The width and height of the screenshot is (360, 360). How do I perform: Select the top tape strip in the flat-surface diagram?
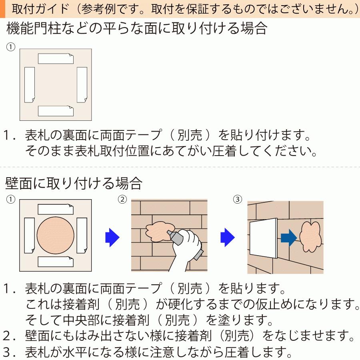[x=56, y=59]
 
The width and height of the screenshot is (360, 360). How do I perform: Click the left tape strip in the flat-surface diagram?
[x=30, y=84]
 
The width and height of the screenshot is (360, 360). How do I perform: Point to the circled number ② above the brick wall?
[x=122, y=199]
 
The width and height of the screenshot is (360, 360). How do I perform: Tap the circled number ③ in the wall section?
[x=238, y=199]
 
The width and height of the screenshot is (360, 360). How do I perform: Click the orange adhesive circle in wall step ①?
[x=56, y=236]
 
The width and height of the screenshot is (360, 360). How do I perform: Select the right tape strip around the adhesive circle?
[x=82, y=236]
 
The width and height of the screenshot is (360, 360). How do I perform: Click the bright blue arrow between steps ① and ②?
[x=112, y=238]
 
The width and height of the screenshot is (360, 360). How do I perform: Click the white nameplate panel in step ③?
[x=264, y=239]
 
